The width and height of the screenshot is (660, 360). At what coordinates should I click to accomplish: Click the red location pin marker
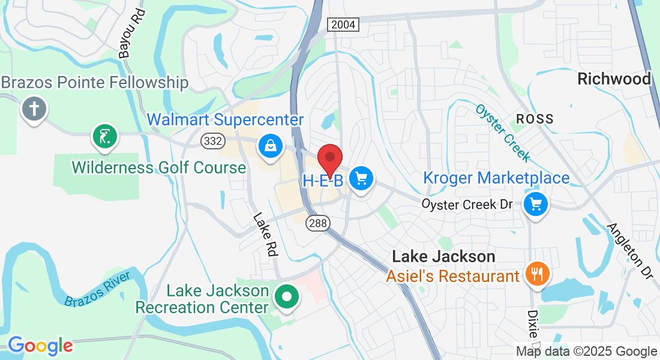329,159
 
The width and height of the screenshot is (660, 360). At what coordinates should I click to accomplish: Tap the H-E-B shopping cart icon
361,178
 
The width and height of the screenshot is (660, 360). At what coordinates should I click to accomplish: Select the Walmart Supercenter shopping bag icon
271,145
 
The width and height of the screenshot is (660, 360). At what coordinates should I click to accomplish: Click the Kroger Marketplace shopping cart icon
536,205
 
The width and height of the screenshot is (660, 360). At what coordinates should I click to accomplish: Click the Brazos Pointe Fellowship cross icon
34,109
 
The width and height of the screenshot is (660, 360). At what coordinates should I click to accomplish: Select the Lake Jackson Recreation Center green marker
287,296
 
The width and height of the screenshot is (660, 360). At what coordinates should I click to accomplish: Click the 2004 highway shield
343,25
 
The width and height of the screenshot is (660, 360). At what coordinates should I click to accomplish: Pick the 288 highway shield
317,223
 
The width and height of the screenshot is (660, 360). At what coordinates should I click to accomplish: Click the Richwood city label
614,79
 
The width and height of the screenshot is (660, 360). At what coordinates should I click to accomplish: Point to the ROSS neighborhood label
535,119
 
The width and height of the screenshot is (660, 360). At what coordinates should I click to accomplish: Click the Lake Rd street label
266,235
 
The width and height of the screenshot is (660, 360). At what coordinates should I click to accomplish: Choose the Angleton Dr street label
629,250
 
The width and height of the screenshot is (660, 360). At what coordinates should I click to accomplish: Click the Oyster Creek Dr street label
467,204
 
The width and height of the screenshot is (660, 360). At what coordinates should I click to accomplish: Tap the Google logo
40,346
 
